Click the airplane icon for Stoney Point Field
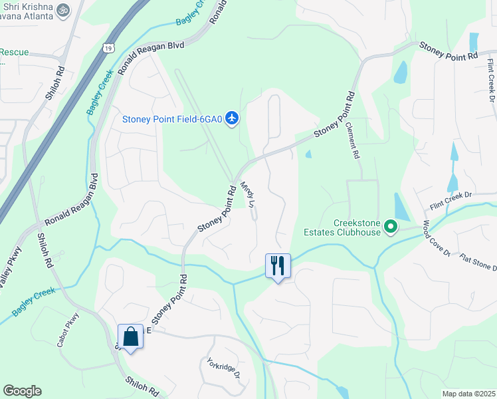click(x=231, y=118)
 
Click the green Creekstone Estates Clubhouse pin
click(x=391, y=228)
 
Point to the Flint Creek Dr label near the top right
click(x=492, y=78)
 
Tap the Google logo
click(x=22, y=391)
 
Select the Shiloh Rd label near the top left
click(x=55, y=82)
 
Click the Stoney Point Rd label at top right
click(x=448, y=51)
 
